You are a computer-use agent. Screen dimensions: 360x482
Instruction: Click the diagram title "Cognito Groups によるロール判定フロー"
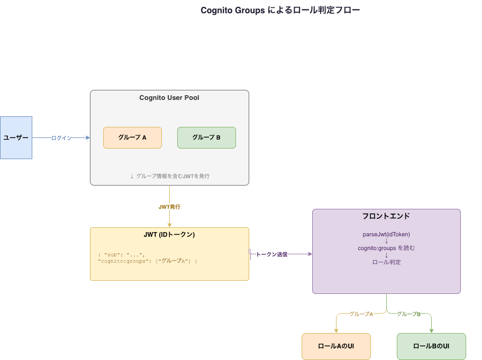coord(280,11)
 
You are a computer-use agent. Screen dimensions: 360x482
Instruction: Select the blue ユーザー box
coord(16,137)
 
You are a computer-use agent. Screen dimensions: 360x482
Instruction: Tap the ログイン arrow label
coord(61,138)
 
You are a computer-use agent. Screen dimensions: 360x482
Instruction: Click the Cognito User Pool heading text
coord(169,98)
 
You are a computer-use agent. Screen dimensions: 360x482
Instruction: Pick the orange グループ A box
coord(132,137)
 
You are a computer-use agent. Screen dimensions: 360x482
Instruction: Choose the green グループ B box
coord(206,137)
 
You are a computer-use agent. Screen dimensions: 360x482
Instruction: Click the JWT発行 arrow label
coord(169,207)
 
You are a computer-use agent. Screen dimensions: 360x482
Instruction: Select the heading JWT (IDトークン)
coord(169,235)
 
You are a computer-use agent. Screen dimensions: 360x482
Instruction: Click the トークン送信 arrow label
coord(271,254)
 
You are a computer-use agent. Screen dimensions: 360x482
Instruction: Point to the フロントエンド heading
coord(386,216)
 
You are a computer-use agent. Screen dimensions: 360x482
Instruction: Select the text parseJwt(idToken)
coord(386,234)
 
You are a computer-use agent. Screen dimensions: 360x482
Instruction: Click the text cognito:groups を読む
coord(386,248)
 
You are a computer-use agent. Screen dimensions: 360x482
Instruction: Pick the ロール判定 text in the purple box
coord(386,262)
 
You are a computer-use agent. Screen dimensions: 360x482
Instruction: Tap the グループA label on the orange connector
coord(361,314)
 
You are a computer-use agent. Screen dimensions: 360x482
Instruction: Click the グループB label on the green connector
coord(408,314)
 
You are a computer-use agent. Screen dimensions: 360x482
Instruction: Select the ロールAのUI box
coord(336,346)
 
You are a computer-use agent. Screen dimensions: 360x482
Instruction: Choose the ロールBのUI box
coord(431,346)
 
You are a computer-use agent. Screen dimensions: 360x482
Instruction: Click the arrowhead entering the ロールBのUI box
coord(431,330)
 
